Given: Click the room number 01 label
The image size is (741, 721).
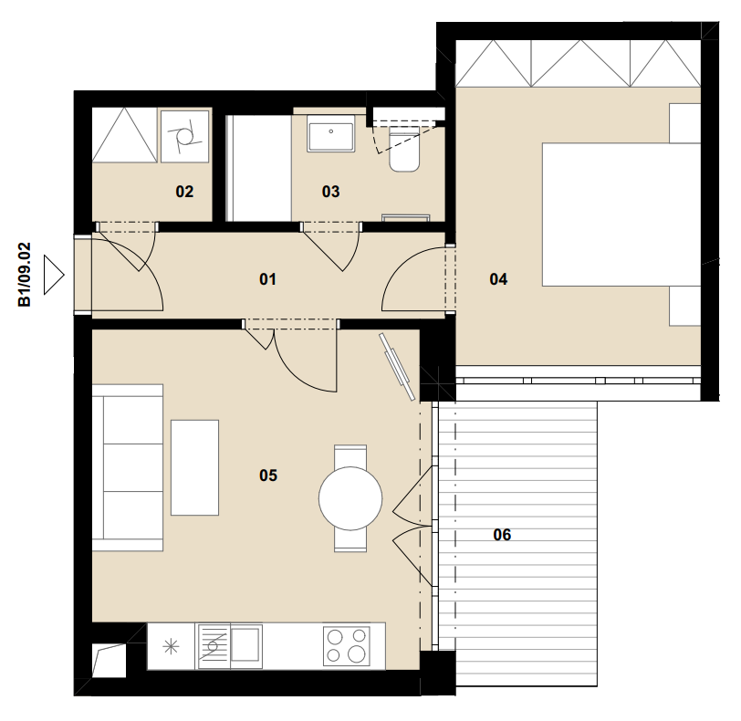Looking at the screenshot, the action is coord(267,279).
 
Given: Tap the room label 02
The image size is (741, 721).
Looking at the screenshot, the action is coord(184,192).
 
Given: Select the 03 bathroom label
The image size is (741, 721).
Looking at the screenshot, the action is coord(330,192).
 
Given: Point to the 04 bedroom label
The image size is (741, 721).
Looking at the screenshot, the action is coord(498,279).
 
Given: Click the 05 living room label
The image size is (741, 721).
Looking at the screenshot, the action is coord(268,475).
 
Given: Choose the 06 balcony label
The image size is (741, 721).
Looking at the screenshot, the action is coord(502,535).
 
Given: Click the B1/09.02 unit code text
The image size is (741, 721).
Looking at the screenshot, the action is coord(24,275).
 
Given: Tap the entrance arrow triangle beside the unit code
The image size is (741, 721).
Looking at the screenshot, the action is coord(54,275).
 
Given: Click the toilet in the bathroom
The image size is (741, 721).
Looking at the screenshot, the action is coord(404,152).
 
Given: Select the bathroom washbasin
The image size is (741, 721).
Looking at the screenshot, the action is coord(330,133).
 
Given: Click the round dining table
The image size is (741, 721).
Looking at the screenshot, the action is coord(350,498).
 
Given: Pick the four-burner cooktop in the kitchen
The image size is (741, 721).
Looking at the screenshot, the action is coord(347,646).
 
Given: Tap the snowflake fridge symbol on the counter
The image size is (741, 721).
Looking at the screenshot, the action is coord(171,646).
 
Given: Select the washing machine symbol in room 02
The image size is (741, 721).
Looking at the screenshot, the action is coord(184,137).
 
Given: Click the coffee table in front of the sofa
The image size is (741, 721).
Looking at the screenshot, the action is coord(194,467).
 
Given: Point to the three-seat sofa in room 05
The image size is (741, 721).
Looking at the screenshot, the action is coord(128,468).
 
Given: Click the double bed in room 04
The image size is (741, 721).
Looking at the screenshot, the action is coord(621,214).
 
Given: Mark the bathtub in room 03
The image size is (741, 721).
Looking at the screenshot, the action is coord(258,168).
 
